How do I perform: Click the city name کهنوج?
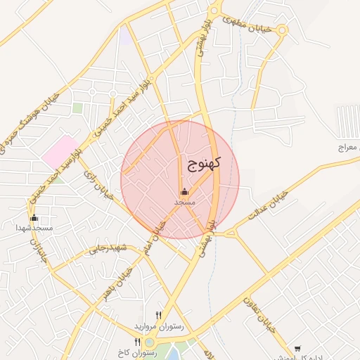205,165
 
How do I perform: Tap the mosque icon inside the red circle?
184,191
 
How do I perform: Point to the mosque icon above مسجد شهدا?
34,218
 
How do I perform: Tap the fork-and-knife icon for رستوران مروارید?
159,316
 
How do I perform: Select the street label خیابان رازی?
98,184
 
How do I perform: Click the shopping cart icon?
297,348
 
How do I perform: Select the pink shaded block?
60,152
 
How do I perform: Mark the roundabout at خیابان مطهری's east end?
281,30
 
